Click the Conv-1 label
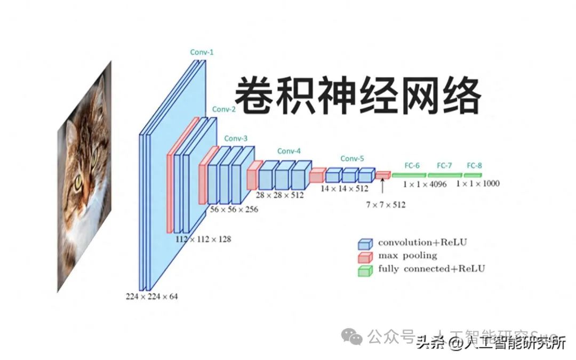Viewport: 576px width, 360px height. tap(202, 52)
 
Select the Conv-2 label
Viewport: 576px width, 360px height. tap(223, 109)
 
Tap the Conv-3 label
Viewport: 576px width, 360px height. tap(236, 139)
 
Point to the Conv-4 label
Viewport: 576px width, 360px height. tap(289, 151)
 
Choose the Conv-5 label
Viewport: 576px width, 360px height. tap(352, 158)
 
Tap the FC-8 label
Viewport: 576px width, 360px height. tap(474, 165)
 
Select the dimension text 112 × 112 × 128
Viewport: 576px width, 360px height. tap(203, 239)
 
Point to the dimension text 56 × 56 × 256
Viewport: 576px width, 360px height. tap(234, 210)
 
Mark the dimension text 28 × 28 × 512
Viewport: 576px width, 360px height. tap(279, 195)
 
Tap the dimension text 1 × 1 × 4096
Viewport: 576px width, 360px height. tap(425, 184)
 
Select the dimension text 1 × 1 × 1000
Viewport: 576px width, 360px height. tap(478, 183)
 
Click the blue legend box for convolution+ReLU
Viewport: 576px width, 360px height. tap(365, 244)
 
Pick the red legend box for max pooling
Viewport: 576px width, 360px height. tap(365, 257)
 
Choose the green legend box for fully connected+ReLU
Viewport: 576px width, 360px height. tap(365, 270)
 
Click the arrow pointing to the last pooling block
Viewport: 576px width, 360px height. tap(382, 187)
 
